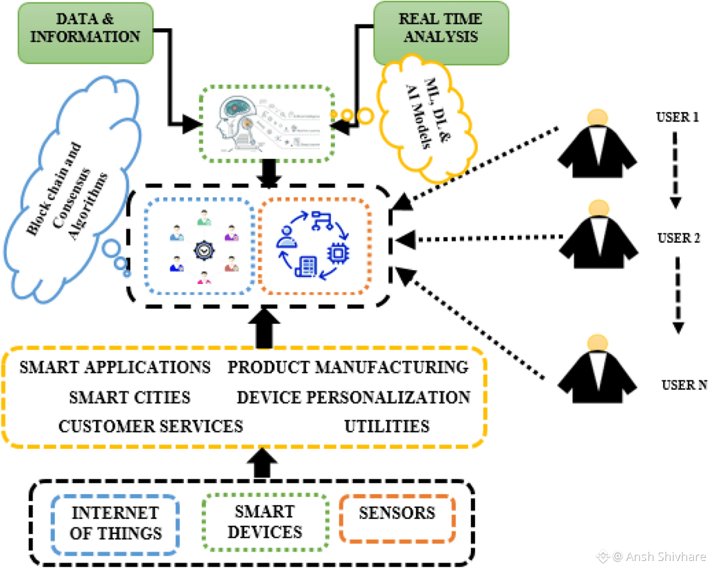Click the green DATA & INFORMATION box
tap(85, 33)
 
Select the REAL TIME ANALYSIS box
tap(441, 33)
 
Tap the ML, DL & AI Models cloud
tap(427, 118)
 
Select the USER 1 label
tap(677, 117)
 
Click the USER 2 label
tap(678, 238)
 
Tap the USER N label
tap(684, 385)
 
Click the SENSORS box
tap(397, 518)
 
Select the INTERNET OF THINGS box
tap(115, 523)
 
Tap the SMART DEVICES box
tap(265, 522)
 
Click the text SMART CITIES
tap(130, 397)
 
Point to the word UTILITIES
tap(387, 426)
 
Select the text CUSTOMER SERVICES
tap(150, 426)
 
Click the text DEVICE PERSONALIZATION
tap(353, 397)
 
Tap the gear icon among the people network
tap(204, 249)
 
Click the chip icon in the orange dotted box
tap(338, 253)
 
